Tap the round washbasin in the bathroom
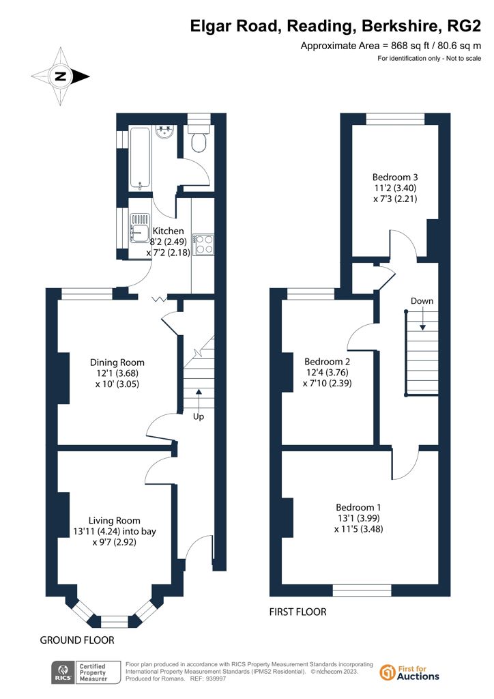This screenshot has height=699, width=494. coord(165,132)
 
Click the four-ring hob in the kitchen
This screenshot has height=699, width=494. coord(203,244)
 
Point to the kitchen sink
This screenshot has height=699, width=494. coord(139,228)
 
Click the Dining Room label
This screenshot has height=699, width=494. coord(117,362)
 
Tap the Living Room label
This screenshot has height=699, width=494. coord(115,520)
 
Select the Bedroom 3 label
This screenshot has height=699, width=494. coord(395,177)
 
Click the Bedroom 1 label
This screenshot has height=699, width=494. coord(359,507)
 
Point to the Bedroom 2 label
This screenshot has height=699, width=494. coord(328,362)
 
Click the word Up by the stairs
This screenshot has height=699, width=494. coord(199,416)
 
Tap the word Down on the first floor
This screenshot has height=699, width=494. coord(422,301)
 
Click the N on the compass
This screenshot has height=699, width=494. coord(60,76)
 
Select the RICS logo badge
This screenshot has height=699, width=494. coord(86,672)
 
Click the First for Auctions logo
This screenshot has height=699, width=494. coord(409,672)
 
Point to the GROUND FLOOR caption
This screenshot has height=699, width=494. coord(77,640)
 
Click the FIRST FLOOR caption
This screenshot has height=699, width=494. coord(297,612)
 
